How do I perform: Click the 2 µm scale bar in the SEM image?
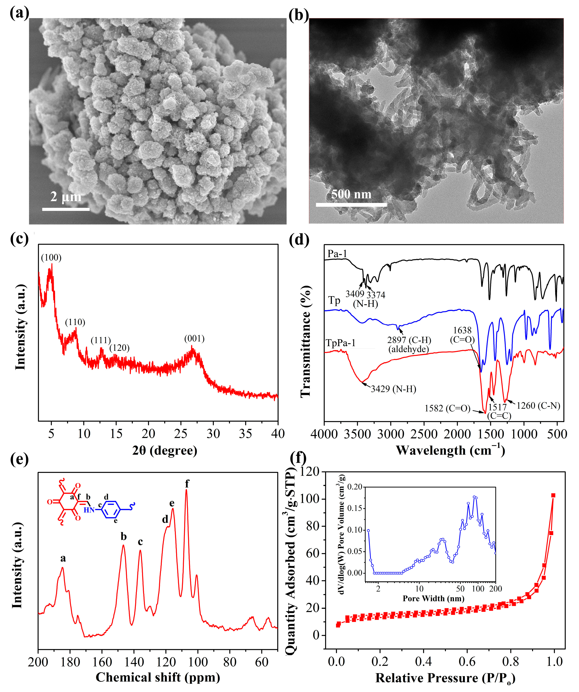point(66,209)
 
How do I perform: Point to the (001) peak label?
point(194,338)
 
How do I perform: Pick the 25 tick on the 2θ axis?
point(181,434)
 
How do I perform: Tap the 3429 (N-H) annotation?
point(393,389)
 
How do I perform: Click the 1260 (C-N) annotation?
point(538,406)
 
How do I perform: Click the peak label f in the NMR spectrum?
point(187,483)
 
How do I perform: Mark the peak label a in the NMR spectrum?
point(63,558)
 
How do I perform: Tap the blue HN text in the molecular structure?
point(89,510)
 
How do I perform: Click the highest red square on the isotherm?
point(553,495)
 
